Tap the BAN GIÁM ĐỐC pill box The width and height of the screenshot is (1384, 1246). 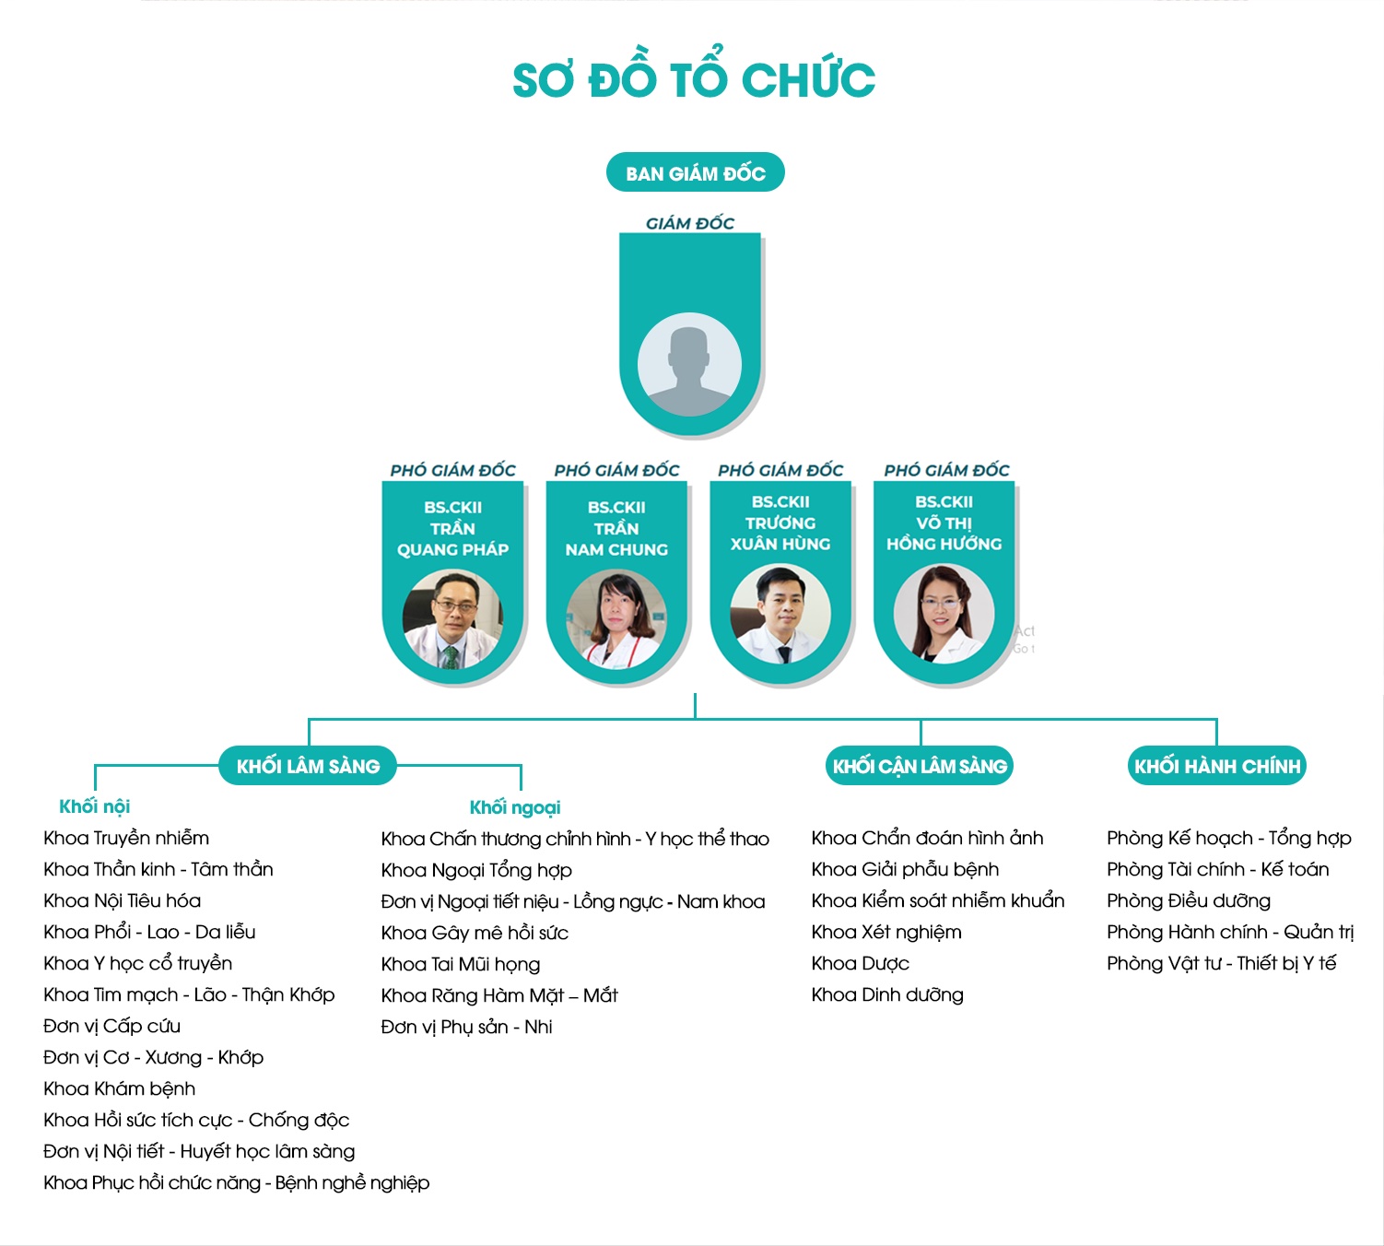click(x=696, y=172)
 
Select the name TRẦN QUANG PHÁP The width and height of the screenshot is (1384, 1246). click(x=452, y=539)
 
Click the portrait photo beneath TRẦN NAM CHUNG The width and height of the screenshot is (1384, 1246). click(x=616, y=619)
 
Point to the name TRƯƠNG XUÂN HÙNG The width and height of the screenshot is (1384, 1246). click(x=780, y=534)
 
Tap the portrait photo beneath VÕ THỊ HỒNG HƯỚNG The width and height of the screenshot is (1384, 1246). click(x=944, y=614)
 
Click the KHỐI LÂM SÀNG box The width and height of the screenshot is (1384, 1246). click(x=308, y=766)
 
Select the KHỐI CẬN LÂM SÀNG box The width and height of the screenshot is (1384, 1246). click(x=920, y=766)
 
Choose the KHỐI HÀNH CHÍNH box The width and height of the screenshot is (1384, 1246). click(x=1217, y=766)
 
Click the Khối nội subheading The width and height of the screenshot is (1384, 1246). click(x=95, y=806)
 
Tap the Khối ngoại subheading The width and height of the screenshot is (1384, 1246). click(x=515, y=807)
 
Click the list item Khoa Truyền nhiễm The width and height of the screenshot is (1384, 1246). click(x=126, y=838)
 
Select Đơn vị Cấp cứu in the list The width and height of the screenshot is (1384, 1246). click(x=111, y=1026)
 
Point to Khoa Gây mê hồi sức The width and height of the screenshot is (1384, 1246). click(x=475, y=933)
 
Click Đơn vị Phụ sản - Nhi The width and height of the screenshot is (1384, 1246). click(x=466, y=1027)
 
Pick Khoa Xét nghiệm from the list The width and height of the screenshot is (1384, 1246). click(x=886, y=932)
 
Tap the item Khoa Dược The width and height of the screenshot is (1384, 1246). click(x=861, y=964)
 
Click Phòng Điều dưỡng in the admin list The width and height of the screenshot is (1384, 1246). click(x=1189, y=900)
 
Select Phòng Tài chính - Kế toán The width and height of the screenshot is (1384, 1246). click(x=1218, y=869)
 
